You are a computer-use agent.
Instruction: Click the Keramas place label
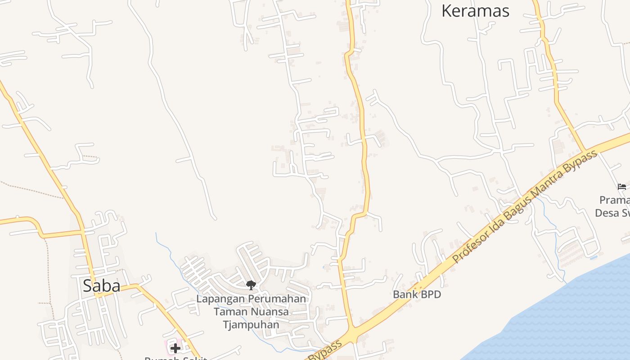click(x=475, y=11)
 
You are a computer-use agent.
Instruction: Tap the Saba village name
click(x=101, y=286)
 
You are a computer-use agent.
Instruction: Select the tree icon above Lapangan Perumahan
click(x=251, y=285)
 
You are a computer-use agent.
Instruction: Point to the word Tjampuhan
click(x=251, y=324)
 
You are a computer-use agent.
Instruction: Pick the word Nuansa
click(x=268, y=311)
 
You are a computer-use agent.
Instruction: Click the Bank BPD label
click(x=417, y=295)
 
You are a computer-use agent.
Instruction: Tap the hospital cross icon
click(x=175, y=348)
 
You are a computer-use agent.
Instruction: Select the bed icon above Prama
click(x=622, y=186)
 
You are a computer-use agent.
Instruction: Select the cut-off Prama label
click(x=614, y=200)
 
